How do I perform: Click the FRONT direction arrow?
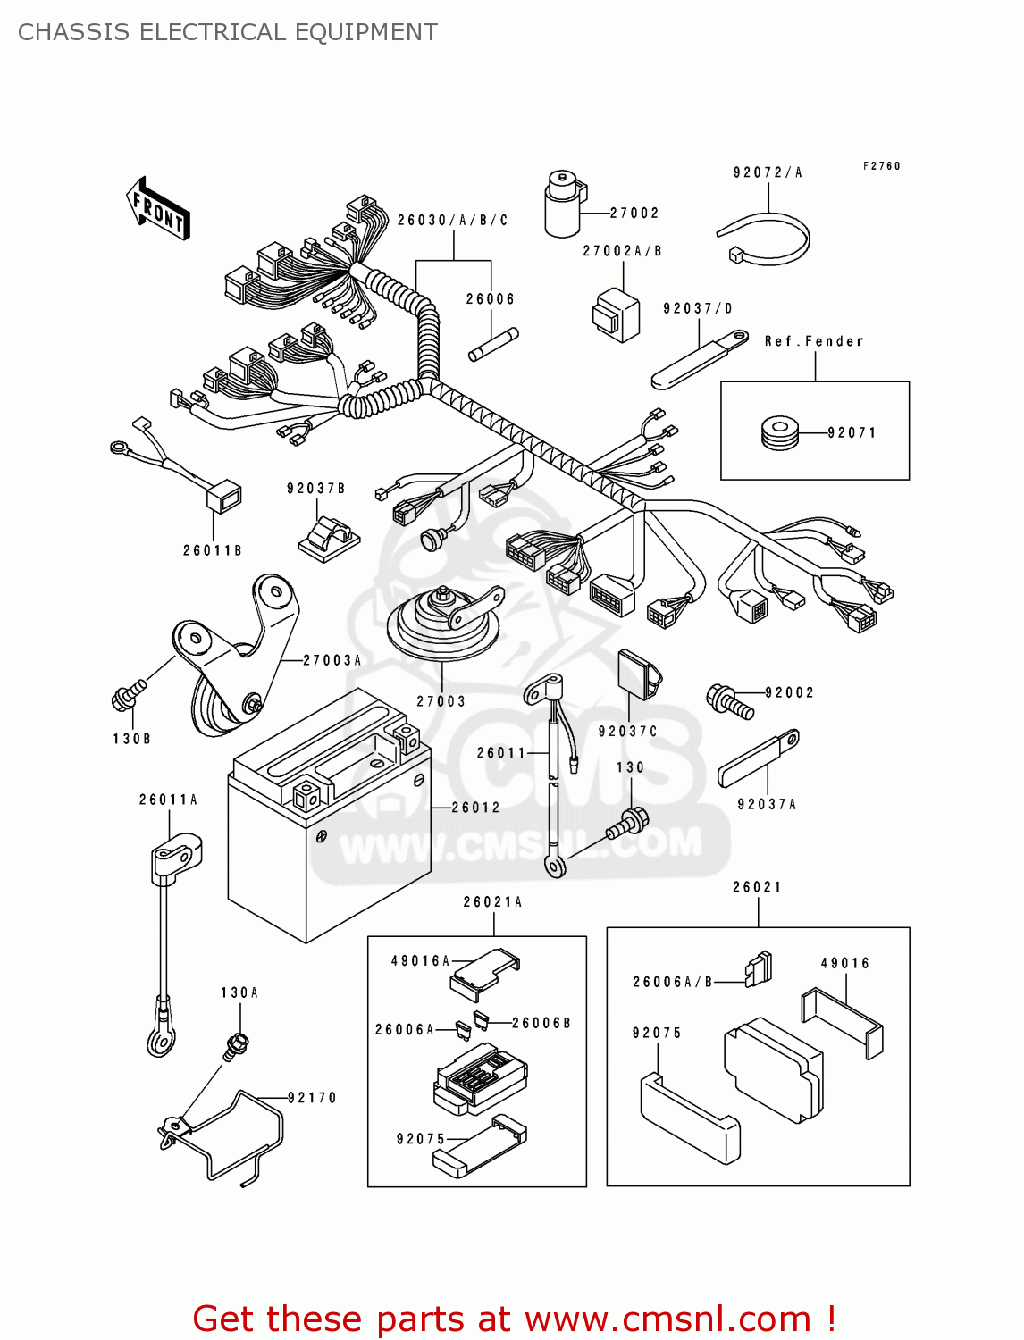tap(159, 209)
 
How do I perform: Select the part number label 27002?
tap(634, 214)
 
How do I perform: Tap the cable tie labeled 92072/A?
tap(766, 241)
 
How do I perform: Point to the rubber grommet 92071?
tap(779, 433)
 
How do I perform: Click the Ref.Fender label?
tap(814, 341)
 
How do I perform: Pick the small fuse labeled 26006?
tap(493, 345)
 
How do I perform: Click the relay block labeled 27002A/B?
tap(616, 315)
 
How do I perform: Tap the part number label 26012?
tap(476, 808)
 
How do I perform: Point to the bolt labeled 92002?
tap(728, 700)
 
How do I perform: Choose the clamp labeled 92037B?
tap(328, 539)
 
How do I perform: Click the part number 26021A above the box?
tap(492, 902)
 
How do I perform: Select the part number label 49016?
tap(845, 963)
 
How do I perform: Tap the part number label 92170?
tap(312, 1098)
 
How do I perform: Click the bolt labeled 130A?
tap(238, 1044)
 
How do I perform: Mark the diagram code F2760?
tap(882, 166)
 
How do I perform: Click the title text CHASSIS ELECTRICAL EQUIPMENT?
tap(228, 32)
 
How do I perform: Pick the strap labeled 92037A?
tap(758, 759)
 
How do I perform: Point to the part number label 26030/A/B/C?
tap(453, 221)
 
